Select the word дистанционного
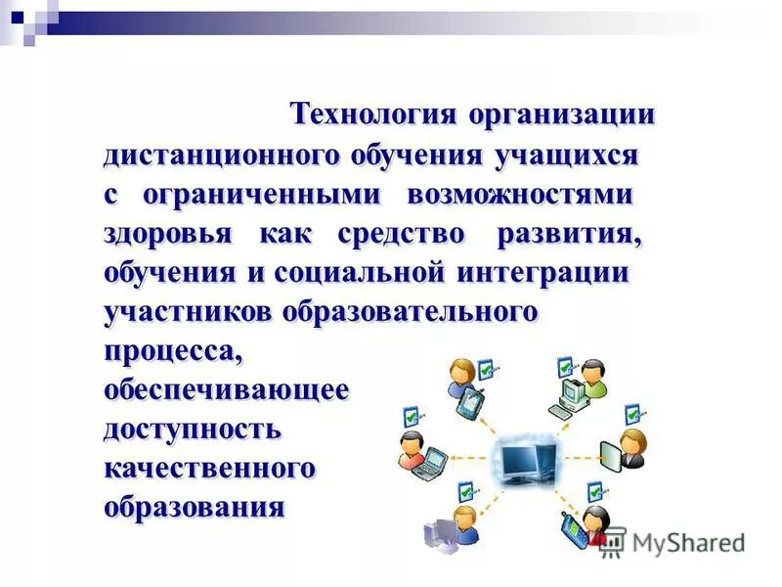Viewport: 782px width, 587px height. [219, 156]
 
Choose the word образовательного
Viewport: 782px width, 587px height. [411, 312]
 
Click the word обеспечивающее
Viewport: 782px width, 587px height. [226, 390]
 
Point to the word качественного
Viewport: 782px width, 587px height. [209, 469]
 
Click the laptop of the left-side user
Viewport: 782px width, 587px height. [426, 464]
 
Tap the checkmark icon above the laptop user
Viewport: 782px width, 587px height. [410, 417]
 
